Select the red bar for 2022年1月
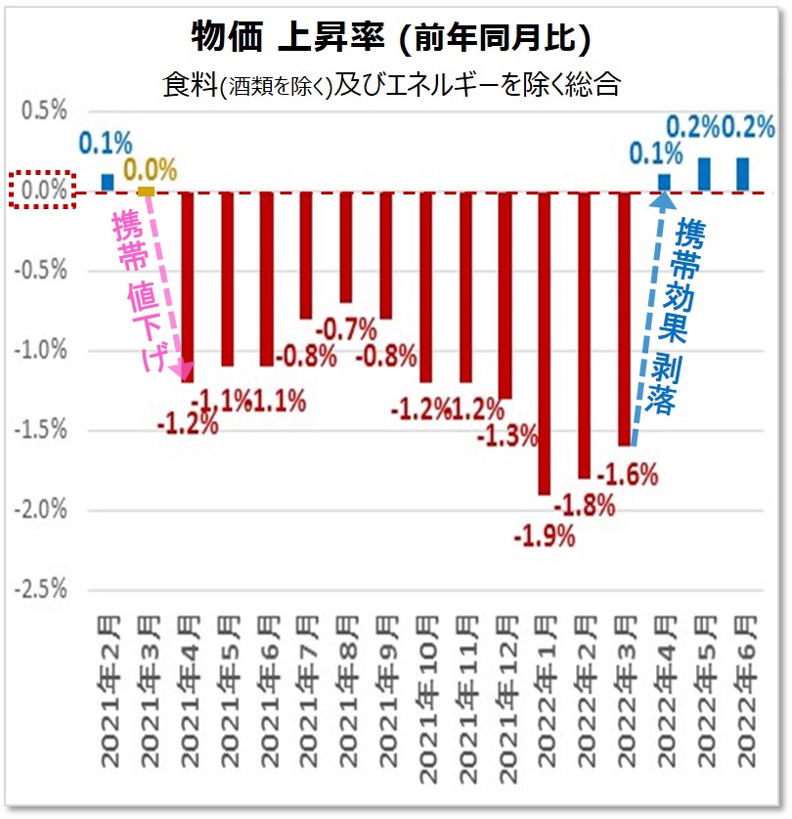(545, 342)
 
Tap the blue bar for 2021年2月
(108, 182)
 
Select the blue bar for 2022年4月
(664, 182)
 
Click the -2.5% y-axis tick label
(40, 588)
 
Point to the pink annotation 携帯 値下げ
(137, 293)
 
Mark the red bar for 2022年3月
(624, 318)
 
